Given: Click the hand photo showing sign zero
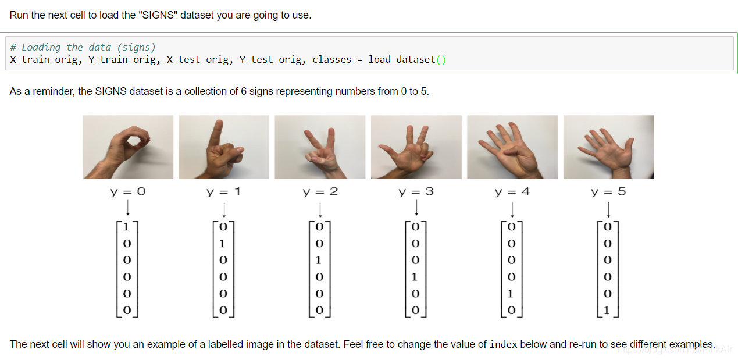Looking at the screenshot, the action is (x=128, y=147).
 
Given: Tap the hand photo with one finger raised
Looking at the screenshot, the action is (x=224, y=147).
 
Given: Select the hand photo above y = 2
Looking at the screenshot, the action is (x=320, y=147).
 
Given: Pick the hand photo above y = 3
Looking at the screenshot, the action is (x=416, y=147).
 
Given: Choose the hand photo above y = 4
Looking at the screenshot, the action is (x=512, y=147).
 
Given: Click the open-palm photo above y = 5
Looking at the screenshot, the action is (x=608, y=147).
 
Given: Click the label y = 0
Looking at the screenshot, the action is (x=128, y=192).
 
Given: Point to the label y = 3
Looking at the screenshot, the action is (x=416, y=192).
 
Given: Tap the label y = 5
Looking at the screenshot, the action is (x=608, y=192).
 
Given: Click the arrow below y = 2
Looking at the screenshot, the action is (x=320, y=209).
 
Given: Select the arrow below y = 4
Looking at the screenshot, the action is (x=512, y=209).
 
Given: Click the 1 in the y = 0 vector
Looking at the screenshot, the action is (x=126, y=227).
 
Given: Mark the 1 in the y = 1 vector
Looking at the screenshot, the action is (x=222, y=244).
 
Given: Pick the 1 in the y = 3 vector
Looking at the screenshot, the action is (x=415, y=277).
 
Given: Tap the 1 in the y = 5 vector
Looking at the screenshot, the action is (x=607, y=310).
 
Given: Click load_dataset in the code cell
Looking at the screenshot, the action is (x=402, y=60).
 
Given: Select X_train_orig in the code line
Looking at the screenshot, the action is (x=44, y=60).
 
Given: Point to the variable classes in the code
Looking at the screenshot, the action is (x=331, y=60).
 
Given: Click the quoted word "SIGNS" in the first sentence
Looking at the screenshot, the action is (x=158, y=15).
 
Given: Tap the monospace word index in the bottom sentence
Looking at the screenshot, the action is (x=503, y=344).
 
